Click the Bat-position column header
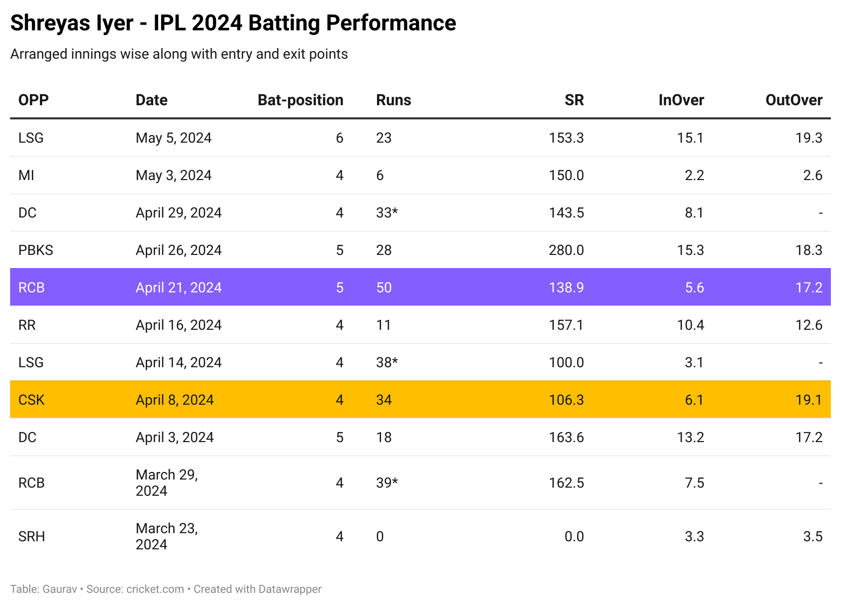300,100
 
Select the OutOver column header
793,100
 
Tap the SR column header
574,100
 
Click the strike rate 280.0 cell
566,250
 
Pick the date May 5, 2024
173,138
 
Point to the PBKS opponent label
35,250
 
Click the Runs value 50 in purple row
384,288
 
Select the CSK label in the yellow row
31,400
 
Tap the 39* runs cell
387,483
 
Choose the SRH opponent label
31,537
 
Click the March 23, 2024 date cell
167,536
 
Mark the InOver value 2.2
694,176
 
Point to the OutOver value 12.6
809,325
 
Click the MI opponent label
26,176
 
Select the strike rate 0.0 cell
574,537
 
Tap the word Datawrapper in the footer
290,589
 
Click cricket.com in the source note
155,589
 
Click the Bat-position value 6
339,138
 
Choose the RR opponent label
27,325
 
